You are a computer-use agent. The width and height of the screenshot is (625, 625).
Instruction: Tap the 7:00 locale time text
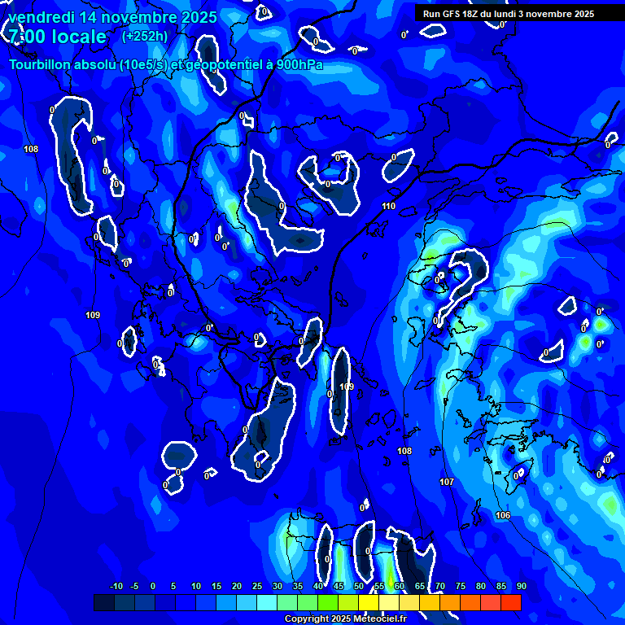(x=57, y=37)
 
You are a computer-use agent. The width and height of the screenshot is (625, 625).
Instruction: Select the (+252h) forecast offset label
(x=145, y=37)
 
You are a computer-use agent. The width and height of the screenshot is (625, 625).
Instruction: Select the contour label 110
(x=388, y=206)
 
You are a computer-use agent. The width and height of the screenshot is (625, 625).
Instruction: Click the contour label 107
(x=446, y=483)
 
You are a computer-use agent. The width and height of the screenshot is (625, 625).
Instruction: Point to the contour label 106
(x=503, y=515)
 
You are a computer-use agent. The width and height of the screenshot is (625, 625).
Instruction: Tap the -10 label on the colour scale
(x=116, y=586)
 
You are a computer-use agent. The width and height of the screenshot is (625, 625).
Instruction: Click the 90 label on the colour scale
(x=521, y=586)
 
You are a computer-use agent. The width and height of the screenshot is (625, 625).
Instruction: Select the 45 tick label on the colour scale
(x=339, y=586)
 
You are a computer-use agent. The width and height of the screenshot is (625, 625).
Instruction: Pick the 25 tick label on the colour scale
(x=257, y=586)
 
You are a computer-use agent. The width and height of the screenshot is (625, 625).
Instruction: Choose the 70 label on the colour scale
(x=440, y=586)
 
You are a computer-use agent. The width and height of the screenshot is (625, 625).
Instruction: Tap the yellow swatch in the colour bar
(x=388, y=602)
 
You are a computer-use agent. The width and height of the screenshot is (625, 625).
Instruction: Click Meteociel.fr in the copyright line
(x=379, y=619)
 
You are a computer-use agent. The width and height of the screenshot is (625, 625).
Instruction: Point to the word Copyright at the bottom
(x=307, y=619)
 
